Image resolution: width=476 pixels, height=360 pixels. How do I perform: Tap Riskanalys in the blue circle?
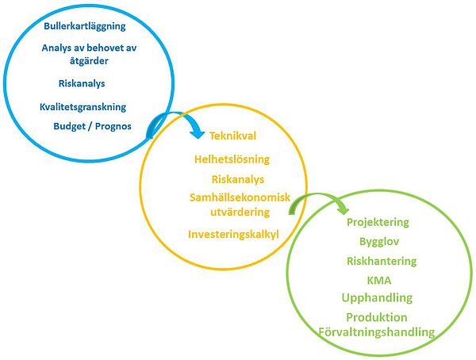(82, 83)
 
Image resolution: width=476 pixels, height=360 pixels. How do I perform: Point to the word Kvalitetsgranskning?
(83, 106)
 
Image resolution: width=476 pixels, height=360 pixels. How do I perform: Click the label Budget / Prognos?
(93, 126)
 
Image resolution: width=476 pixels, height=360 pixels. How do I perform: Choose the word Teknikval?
(232, 136)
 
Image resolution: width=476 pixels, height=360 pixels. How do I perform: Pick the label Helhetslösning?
(232, 159)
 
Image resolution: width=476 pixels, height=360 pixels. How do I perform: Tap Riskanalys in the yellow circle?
(238, 179)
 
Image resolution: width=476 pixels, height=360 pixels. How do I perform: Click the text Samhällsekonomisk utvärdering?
(240, 204)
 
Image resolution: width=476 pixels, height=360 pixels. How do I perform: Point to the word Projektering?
(378, 222)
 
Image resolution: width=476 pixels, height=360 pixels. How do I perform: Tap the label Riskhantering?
(382, 261)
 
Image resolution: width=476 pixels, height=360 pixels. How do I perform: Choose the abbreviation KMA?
(378, 280)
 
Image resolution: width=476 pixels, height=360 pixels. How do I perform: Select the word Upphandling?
(377, 298)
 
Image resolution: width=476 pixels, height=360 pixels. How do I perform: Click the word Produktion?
(377, 318)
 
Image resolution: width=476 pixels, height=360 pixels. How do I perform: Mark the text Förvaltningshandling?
(376, 332)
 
